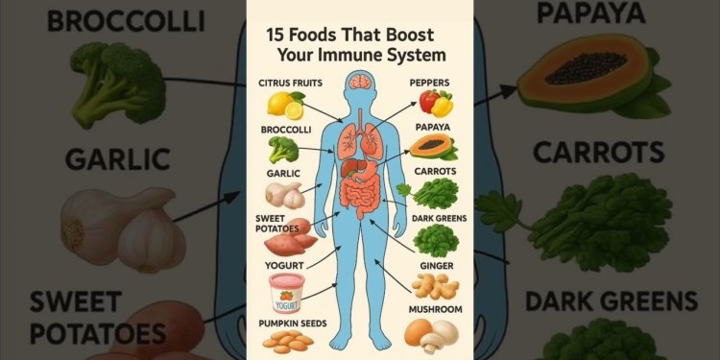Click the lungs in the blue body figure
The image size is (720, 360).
[x=360, y=140]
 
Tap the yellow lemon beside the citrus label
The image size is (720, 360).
[x=280, y=104]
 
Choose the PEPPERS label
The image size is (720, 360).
[x=434, y=84]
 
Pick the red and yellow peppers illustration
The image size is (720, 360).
[x=435, y=102]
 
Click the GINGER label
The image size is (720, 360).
[x=435, y=265]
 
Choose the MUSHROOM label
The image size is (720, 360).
[x=435, y=309]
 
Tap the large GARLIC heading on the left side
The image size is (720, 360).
[x=115, y=159]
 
